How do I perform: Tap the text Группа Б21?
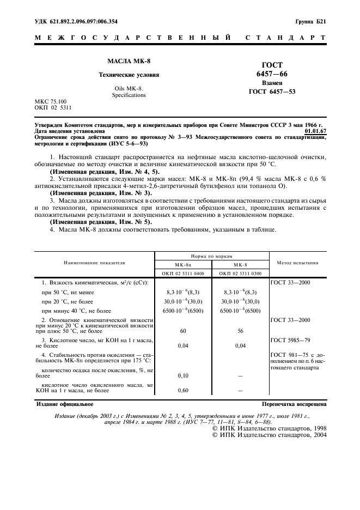click(310, 22)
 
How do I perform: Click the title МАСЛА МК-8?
click(121, 62)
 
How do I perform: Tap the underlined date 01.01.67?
click(316, 131)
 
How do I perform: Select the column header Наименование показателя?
click(94, 262)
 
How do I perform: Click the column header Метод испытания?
click(298, 262)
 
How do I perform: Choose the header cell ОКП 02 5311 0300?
click(240, 272)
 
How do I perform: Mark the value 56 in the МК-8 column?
click(240, 330)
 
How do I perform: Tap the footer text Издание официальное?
click(64, 404)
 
